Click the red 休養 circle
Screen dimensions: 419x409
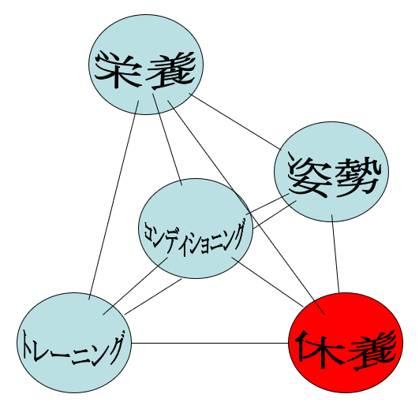point(346,343)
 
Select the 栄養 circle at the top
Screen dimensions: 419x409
point(146,65)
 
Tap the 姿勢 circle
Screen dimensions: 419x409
point(331,172)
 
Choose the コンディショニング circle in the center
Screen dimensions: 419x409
point(196,229)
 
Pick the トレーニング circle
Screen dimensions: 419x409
point(74,343)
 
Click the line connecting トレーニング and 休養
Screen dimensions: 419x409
point(210,343)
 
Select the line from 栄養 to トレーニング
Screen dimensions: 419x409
point(114,200)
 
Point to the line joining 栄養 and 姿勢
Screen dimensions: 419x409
point(235,121)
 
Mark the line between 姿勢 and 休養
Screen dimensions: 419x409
point(335,254)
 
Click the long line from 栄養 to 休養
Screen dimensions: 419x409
point(246,207)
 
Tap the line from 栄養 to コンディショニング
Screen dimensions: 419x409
point(167,139)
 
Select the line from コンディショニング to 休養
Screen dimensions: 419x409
point(267,282)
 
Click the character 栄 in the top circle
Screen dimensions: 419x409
point(118,70)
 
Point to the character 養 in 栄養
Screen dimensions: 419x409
point(170,70)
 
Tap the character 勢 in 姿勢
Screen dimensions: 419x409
point(357,177)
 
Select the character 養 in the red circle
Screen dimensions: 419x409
point(372,351)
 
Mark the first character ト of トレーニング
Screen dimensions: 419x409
point(28,346)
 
